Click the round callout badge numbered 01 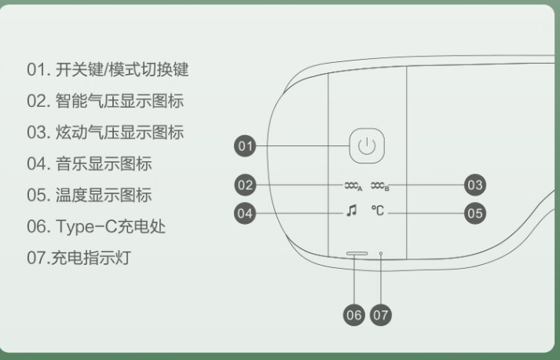[246, 146]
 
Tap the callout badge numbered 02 [246, 186]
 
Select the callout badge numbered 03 [474, 186]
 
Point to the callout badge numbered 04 [246, 212]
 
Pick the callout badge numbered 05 [474, 212]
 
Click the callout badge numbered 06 [353, 315]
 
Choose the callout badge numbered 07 [380, 315]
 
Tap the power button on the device [366, 145]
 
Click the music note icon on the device [351, 211]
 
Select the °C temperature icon [379, 211]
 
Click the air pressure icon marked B [379, 186]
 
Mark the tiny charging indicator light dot [381, 254]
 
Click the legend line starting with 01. [108, 70]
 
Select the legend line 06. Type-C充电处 [97, 226]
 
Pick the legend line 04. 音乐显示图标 [90, 164]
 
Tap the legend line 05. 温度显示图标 [90, 196]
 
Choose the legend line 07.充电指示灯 [79, 258]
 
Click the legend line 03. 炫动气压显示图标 [106, 133]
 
